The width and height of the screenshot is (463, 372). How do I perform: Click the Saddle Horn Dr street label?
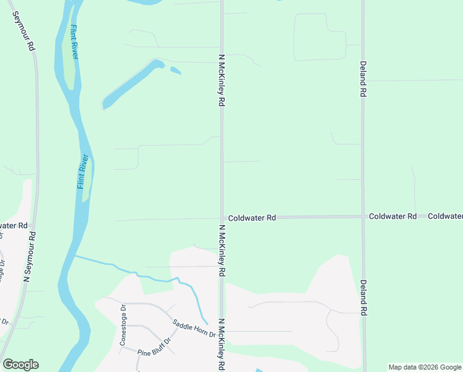[x=193, y=329]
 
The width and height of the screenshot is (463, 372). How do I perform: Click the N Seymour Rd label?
[x=30, y=257]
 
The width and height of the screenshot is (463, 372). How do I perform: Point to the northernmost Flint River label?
[x=75, y=42]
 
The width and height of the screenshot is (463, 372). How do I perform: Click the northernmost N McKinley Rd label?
[x=220, y=80]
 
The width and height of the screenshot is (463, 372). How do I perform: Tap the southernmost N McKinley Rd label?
[x=220, y=345]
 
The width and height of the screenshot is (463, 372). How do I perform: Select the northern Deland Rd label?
[x=363, y=78]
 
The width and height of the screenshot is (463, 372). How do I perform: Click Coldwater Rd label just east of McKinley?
[x=251, y=218]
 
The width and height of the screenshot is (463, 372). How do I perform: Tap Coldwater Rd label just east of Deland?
[x=392, y=216]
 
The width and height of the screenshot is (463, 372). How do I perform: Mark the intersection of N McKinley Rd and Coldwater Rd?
[x=222, y=218]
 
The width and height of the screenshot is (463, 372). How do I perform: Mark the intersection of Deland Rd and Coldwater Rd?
[x=363, y=216]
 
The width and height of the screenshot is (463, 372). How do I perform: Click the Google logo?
[x=20, y=365]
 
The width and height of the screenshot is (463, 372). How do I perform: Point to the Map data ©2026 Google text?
[x=425, y=367]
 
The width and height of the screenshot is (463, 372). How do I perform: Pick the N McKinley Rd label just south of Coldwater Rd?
[x=220, y=251]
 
